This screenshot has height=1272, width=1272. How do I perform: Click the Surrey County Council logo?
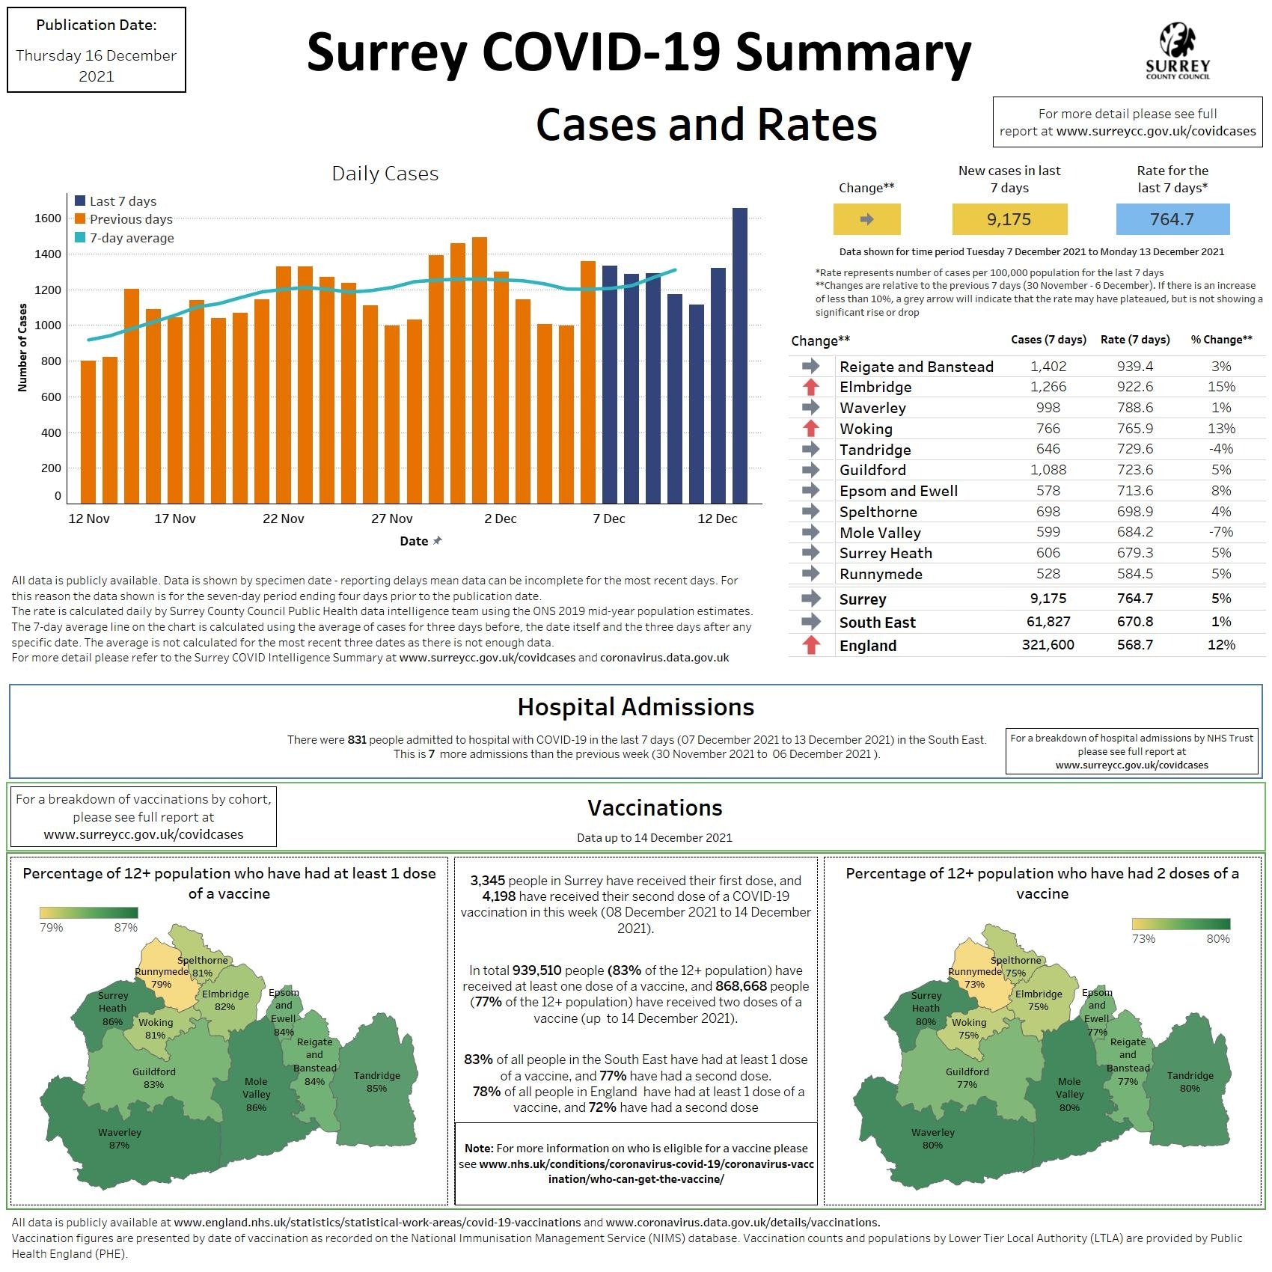tap(1177, 51)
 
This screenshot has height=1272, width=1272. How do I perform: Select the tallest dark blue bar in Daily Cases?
tap(739, 355)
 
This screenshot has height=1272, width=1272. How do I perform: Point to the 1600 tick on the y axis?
tap(48, 218)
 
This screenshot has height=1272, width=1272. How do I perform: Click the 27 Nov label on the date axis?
tap(391, 519)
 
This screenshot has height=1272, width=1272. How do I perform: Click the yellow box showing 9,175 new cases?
tap(1009, 219)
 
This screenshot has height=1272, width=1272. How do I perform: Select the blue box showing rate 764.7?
tap(1172, 219)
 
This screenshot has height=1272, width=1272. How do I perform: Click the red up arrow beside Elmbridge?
tap(810, 387)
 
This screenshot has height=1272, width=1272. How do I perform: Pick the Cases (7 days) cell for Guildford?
tap(1048, 470)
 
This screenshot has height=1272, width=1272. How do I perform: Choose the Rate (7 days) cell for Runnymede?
tap(1134, 574)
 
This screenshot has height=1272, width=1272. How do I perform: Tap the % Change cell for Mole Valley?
tap(1221, 532)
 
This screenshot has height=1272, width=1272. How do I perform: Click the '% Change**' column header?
tap(1221, 340)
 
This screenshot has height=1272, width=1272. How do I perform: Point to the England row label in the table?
tap(867, 645)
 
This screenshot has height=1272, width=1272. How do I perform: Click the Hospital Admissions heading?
tap(635, 707)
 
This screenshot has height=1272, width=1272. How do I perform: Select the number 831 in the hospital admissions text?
tap(357, 740)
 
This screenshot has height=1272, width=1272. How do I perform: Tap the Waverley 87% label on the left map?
tap(120, 1138)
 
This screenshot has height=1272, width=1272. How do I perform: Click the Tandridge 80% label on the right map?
tap(1190, 1082)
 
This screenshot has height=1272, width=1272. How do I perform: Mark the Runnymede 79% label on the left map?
tap(162, 978)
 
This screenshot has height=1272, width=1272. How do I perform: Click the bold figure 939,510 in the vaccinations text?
tap(536, 970)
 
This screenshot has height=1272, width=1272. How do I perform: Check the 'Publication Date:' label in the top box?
tap(97, 25)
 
